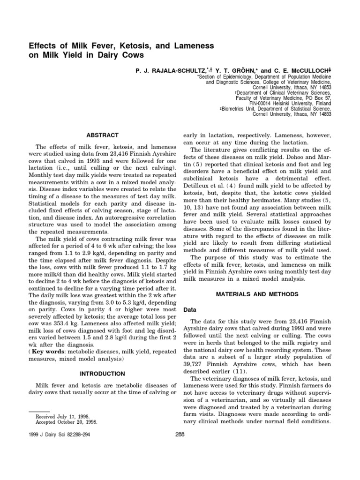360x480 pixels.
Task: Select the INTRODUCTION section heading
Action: (x=102, y=374)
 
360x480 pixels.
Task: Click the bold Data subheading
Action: (x=189, y=310)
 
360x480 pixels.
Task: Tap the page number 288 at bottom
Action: (x=180, y=434)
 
